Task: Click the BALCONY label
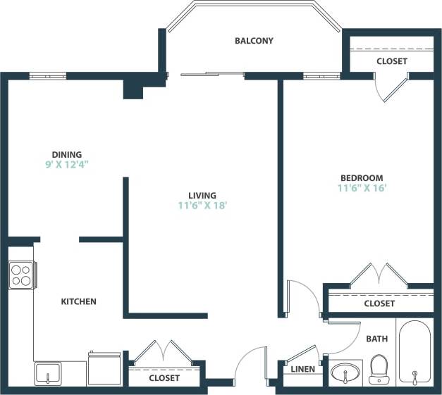click(x=254, y=41)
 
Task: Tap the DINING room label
click(x=67, y=155)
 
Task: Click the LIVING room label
click(x=202, y=196)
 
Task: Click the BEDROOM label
click(x=362, y=178)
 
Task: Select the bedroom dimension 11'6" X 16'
click(x=362, y=188)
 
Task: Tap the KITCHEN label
click(x=78, y=301)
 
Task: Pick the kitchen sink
click(x=48, y=373)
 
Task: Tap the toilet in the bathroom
click(x=379, y=370)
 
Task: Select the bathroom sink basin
click(x=345, y=372)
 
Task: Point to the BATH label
click(x=376, y=339)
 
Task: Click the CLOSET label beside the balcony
click(x=391, y=61)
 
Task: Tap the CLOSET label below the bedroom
click(x=379, y=303)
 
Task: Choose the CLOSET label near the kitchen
click(x=164, y=378)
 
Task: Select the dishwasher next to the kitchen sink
click(x=105, y=369)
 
